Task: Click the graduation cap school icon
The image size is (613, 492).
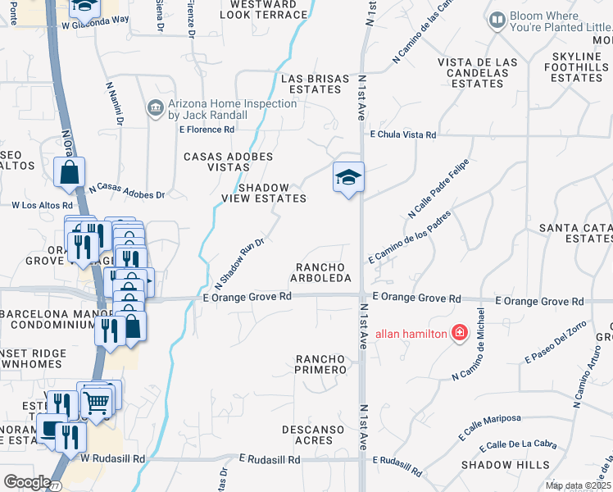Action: [348, 177]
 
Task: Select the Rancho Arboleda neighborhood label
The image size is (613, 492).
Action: [324, 273]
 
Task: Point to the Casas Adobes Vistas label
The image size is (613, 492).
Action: [228, 161]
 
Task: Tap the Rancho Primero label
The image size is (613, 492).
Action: [321, 364]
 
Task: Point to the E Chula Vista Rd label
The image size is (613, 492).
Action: [403, 134]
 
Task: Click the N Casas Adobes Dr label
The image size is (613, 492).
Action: [127, 191]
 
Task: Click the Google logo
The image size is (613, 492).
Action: [27, 481]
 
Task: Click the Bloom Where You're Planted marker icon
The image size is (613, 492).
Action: [497, 19]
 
